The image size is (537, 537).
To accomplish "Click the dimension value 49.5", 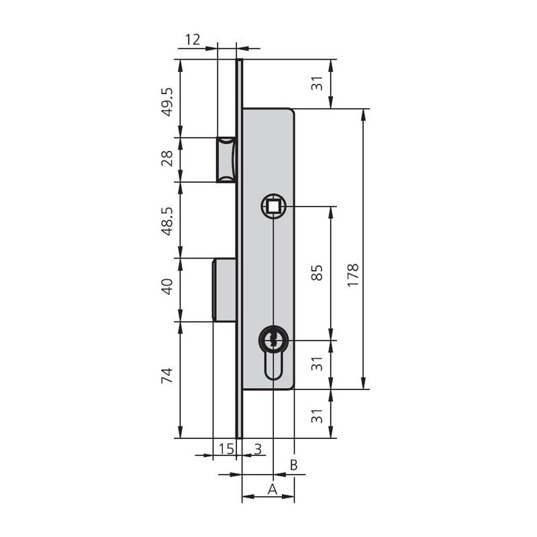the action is [x=168, y=102].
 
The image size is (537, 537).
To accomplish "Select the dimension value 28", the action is [x=168, y=158].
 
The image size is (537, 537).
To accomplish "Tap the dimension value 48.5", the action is [x=168, y=222].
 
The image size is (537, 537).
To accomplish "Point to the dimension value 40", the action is [x=168, y=287].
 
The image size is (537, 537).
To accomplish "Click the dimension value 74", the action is [x=168, y=376].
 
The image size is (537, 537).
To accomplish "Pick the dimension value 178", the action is [x=353, y=275].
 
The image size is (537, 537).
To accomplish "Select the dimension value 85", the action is [x=318, y=273].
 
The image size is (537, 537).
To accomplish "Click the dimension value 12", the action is [x=193, y=40].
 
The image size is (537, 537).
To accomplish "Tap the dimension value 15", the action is [x=226, y=448].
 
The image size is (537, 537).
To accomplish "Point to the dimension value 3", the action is [x=258, y=448].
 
